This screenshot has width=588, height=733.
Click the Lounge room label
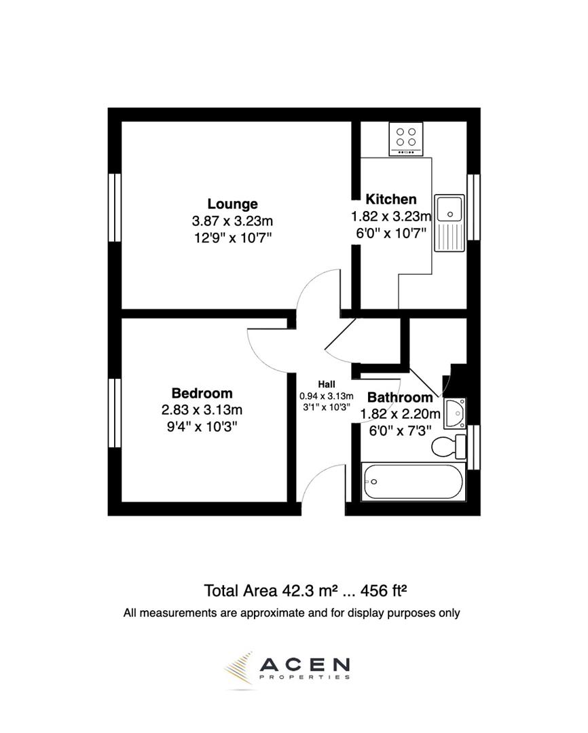[x=232, y=204]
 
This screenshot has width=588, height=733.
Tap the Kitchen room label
[x=391, y=199]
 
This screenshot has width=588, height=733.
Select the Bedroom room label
[x=202, y=393]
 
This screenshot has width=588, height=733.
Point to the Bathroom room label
[x=400, y=397]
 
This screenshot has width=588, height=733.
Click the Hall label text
[x=327, y=384]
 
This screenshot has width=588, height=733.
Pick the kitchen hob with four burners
[x=406, y=138]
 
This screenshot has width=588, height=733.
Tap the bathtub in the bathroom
[x=413, y=482]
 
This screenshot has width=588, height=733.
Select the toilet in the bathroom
[x=448, y=447]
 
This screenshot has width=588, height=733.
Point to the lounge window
[x=115, y=207]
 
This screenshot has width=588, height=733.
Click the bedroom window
[x=115, y=413]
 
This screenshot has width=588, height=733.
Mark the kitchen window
[x=473, y=207]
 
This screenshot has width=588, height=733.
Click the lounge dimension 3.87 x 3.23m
[x=232, y=221]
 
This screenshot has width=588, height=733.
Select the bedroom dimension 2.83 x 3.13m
[x=202, y=410]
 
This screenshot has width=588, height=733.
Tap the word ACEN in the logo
[x=305, y=663]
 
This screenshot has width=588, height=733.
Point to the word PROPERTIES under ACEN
[x=305, y=677]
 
